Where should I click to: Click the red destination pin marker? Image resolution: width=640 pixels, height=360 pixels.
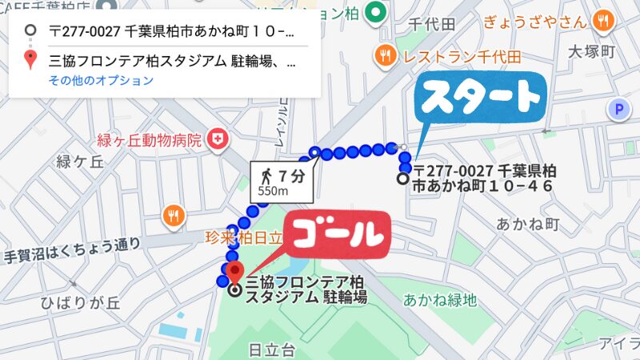[234, 273]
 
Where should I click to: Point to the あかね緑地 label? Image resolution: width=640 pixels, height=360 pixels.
[439, 301]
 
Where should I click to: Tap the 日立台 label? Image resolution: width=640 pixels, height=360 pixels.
[272, 350]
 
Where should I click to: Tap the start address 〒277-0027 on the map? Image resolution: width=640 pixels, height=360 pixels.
[484, 178]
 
